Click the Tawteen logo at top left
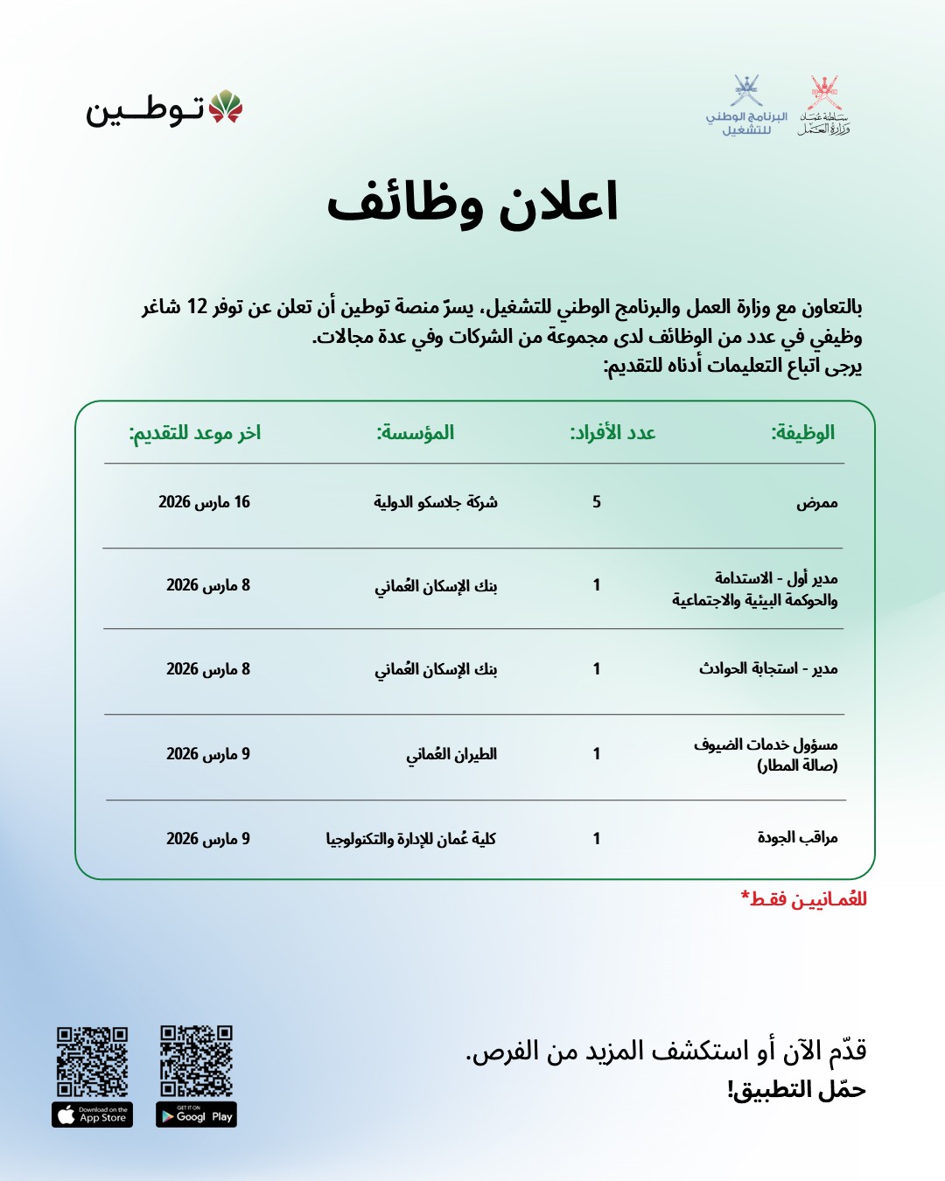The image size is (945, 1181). (164, 109)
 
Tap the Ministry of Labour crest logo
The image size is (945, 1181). (823, 106)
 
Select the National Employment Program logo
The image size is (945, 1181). (746, 106)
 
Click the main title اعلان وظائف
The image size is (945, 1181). (472, 203)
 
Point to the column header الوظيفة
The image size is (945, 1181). (802, 432)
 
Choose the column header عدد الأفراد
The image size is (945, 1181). (612, 432)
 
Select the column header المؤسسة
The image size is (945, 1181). (415, 432)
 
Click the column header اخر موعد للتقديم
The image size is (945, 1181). (194, 432)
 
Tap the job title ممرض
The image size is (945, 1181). (816, 502)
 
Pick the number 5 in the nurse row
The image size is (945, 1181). (597, 501)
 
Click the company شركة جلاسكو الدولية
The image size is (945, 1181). (435, 501)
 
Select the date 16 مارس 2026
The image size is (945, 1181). (204, 501)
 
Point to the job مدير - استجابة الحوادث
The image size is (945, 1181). (767, 668)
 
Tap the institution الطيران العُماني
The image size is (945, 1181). (451, 753)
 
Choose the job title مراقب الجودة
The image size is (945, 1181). (797, 837)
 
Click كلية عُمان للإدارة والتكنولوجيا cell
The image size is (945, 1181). (410, 838)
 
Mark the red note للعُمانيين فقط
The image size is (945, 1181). (803, 898)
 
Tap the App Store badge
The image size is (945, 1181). (92, 1115)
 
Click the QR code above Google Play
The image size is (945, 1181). (196, 1060)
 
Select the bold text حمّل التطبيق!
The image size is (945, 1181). (795, 1089)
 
